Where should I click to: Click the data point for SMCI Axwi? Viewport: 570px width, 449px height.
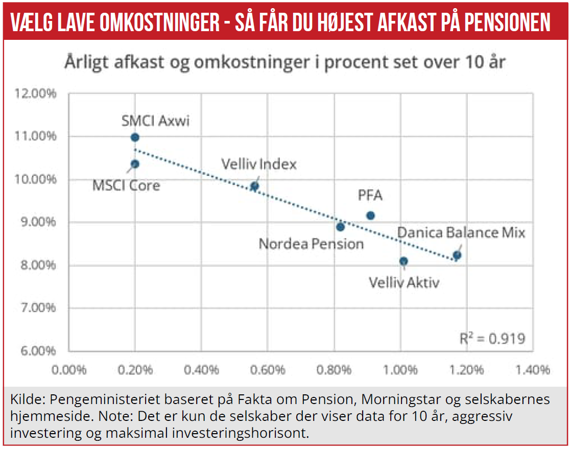135,137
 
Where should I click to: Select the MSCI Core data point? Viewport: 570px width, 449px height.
135,164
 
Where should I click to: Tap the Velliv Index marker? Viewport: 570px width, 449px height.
254,186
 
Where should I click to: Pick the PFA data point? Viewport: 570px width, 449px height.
371,216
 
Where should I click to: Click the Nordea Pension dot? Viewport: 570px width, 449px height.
341,227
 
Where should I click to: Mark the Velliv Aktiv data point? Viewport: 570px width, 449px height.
403,261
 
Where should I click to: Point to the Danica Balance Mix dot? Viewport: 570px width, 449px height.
457,255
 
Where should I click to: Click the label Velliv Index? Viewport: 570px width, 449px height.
258,164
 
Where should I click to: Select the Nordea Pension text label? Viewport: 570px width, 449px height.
311,244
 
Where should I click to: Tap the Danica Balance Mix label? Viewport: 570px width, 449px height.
461,233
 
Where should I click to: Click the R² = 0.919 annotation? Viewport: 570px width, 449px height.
492,338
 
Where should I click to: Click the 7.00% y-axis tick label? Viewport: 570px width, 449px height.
38,308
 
